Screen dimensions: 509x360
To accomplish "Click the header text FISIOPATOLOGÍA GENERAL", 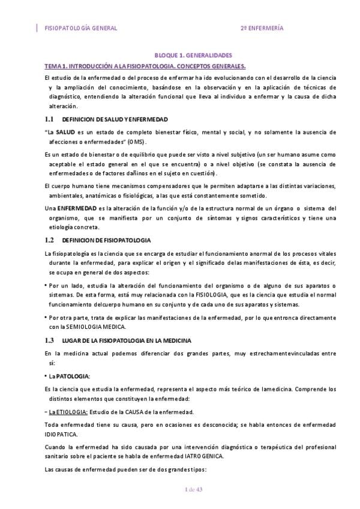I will (81, 28).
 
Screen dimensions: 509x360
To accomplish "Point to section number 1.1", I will (50, 119).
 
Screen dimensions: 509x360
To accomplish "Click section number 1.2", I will (50, 239).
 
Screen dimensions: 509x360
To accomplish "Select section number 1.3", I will (50, 340).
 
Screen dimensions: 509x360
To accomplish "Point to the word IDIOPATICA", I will (61, 433).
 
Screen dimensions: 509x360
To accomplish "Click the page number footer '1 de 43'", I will (194, 490).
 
